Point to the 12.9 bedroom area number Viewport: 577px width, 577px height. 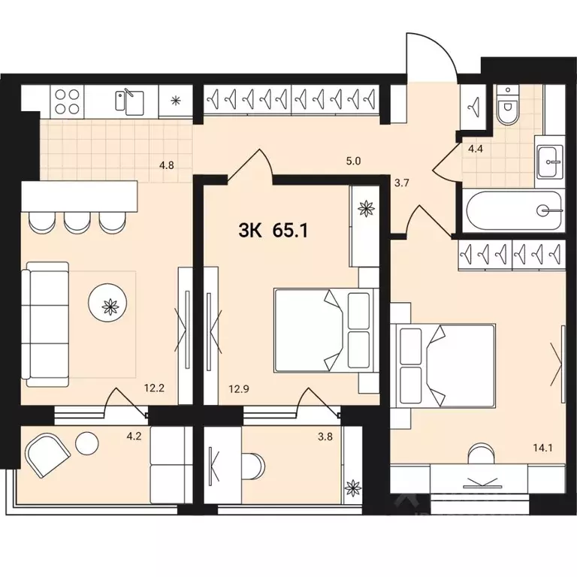coord(238,389)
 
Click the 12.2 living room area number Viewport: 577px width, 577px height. coord(155,389)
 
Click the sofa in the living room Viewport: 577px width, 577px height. coord(45,322)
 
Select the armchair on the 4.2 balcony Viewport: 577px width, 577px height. coord(48,455)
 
